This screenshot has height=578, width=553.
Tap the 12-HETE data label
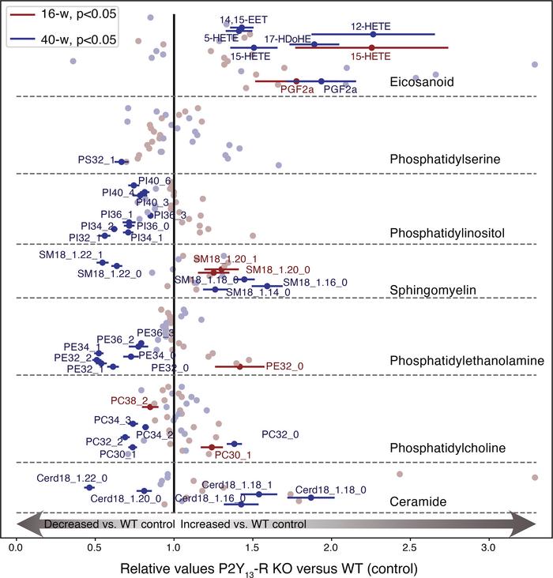372,26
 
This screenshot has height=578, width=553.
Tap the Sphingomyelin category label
431,290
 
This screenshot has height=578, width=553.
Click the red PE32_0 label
284,366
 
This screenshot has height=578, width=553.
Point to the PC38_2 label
129,400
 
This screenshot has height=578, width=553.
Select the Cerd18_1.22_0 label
72,479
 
